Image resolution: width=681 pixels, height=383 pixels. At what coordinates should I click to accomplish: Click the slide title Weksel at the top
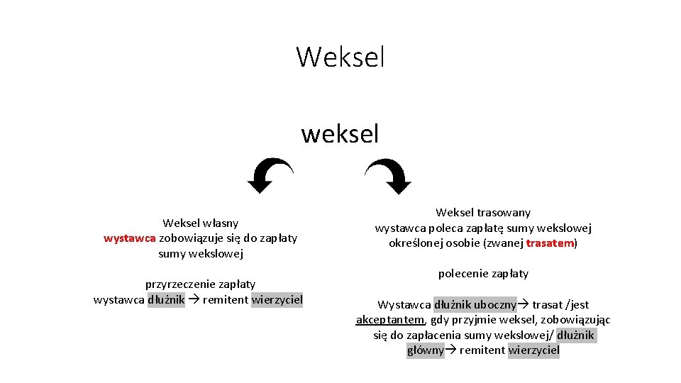(x=340, y=57)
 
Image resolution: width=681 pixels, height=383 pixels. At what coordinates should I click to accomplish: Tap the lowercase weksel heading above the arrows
(x=340, y=133)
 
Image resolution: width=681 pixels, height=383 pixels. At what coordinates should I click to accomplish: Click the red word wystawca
(x=130, y=238)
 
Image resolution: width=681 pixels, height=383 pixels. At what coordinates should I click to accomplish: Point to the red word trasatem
(x=550, y=243)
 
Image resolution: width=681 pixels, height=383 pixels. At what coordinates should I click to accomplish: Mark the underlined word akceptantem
(x=390, y=320)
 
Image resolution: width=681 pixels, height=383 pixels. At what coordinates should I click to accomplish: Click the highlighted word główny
(x=425, y=350)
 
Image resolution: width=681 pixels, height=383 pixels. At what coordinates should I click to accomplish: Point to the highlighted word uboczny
(x=495, y=305)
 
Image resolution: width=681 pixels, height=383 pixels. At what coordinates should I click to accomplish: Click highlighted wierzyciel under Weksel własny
(x=277, y=300)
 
